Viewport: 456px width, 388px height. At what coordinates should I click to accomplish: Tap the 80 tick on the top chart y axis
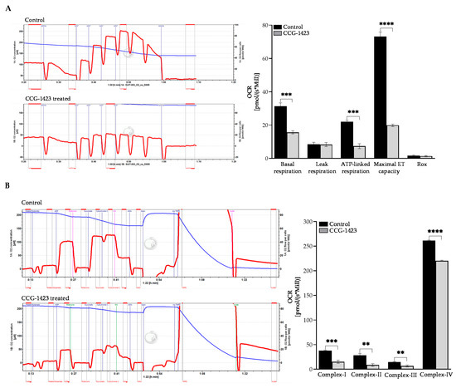pos(262,26)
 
